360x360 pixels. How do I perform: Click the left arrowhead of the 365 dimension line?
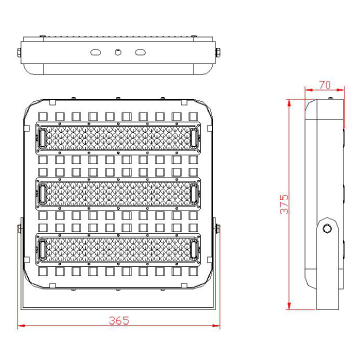[x=23, y=328]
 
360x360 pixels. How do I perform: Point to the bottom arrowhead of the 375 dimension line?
[x=289, y=304]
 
